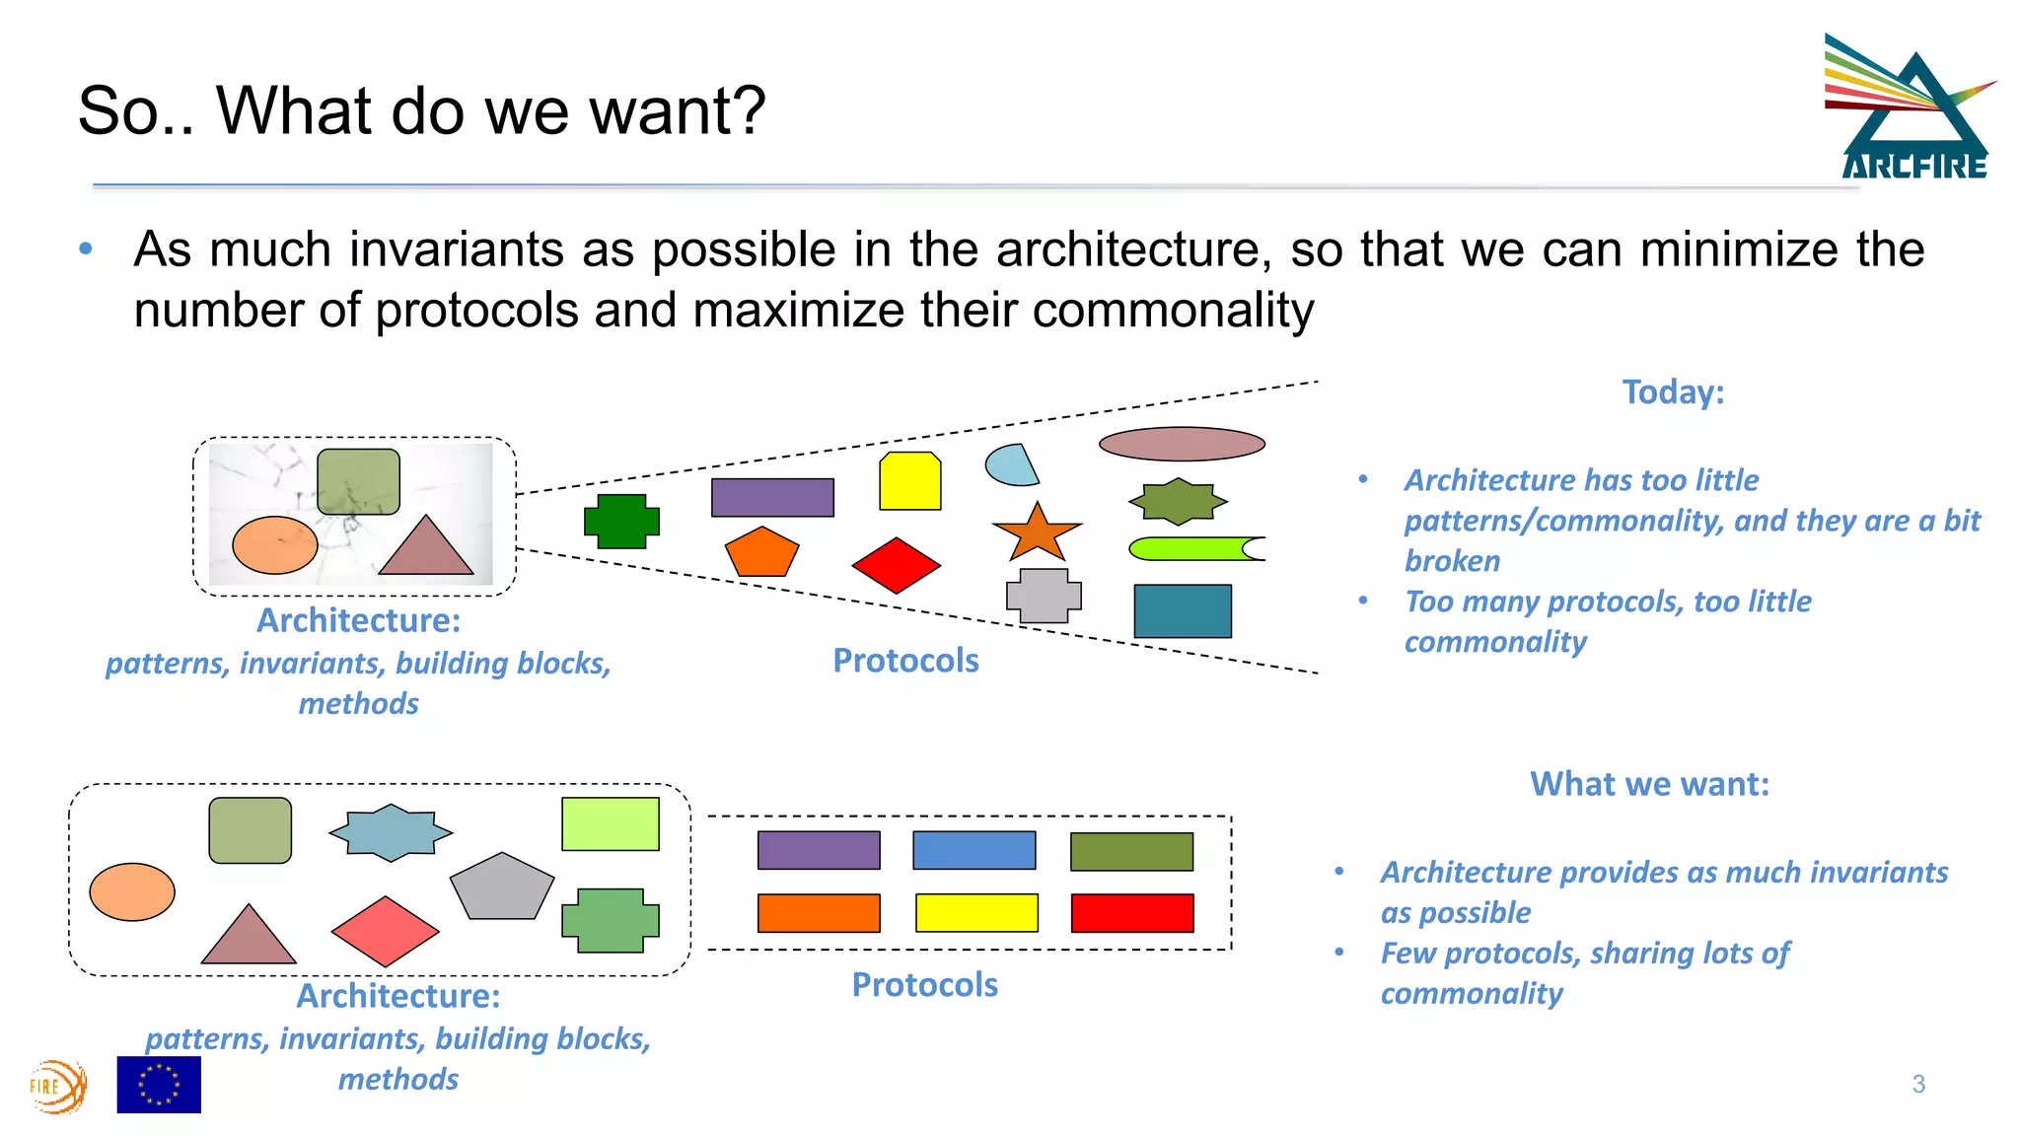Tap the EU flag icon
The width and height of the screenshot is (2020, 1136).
tap(159, 1085)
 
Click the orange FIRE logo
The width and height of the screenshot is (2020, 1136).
tap(58, 1086)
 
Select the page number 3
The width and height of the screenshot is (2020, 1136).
tap(1918, 1085)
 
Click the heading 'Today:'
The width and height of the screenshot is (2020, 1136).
tap(1673, 392)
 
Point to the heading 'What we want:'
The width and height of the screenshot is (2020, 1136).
tap(1649, 784)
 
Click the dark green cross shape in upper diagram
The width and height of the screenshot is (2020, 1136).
tap(621, 521)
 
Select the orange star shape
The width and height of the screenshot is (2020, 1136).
tap(1037, 533)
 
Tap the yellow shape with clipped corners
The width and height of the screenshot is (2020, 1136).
tap(909, 481)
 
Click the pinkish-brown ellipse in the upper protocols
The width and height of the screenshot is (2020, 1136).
tap(1182, 444)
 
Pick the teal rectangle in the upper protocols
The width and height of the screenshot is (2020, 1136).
tap(1183, 610)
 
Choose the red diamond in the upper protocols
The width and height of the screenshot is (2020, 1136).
tap(896, 565)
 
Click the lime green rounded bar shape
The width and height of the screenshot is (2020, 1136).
tap(1193, 548)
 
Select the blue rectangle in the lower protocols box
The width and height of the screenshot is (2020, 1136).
tap(974, 850)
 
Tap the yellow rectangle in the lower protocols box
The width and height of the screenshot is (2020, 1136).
tap(976, 912)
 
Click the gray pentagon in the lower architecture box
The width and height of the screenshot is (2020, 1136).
tap(501, 887)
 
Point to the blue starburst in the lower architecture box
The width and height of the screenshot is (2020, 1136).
tap(391, 832)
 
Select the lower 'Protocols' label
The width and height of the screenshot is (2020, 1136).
tap(924, 985)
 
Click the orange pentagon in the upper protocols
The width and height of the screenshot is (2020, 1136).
tap(761, 552)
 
